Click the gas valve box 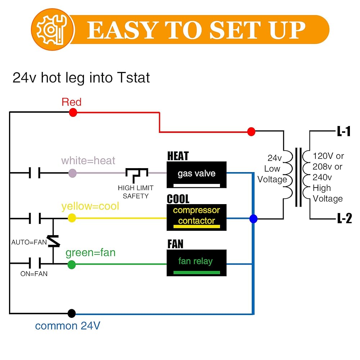(x=197, y=175)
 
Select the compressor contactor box (x=197, y=217)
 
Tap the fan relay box (x=197, y=263)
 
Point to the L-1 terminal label (x=344, y=131)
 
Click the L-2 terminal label (x=344, y=219)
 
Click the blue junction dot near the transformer (x=253, y=219)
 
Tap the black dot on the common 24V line (x=72, y=313)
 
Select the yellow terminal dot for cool (x=72, y=218)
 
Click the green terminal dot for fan (x=72, y=265)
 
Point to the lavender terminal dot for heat (x=72, y=173)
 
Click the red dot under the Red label (x=73, y=113)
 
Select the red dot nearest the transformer (x=251, y=131)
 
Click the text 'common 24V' (x=68, y=326)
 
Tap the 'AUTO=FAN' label (x=29, y=242)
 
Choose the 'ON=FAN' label (x=34, y=274)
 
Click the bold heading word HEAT (x=178, y=156)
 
